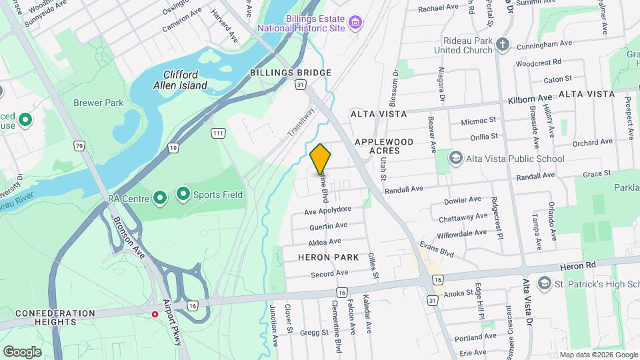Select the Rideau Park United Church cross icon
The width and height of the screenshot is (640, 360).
[503, 45]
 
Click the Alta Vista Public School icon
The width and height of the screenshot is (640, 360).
[456, 158]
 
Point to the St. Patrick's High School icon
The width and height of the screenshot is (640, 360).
[543, 283]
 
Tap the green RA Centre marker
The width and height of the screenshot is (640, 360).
[160, 198]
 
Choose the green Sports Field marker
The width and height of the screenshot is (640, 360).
[183, 194]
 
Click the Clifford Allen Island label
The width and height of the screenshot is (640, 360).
[180, 80]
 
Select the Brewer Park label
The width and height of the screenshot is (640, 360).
[99, 103]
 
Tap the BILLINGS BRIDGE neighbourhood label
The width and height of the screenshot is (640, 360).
[291, 73]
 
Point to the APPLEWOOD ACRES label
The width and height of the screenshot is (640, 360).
[384, 146]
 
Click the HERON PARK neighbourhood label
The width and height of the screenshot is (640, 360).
[329, 257]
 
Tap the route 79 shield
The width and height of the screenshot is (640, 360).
[80, 146]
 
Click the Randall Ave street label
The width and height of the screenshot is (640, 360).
[403, 189]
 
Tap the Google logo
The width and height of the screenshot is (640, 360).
[22, 351]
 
